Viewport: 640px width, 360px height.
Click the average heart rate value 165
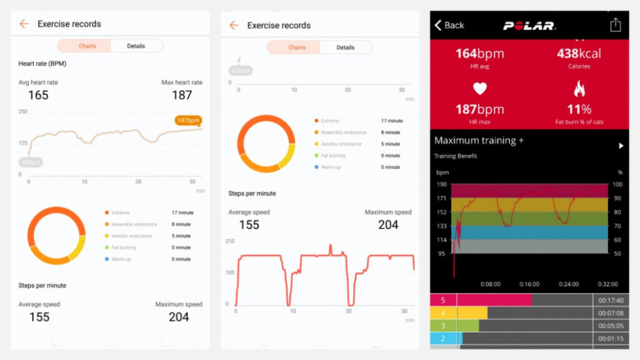[x=38, y=95]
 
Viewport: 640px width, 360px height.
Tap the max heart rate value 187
[x=182, y=95]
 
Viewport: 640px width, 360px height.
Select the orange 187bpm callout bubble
[x=188, y=120]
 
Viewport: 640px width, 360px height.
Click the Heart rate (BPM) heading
[x=42, y=64]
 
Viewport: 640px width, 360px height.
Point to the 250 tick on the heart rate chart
[x=23, y=111]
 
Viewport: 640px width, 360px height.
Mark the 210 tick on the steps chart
[x=229, y=241]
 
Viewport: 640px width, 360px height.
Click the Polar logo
[x=529, y=26]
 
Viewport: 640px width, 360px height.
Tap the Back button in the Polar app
[x=449, y=25]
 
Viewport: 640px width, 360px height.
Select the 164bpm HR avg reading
[x=479, y=54]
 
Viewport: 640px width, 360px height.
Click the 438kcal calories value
[x=579, y=54]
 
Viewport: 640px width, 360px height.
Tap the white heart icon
[x=479, y=89]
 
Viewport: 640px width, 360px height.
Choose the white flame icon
[x=579, y=89]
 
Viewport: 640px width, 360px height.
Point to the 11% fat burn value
[x=579, y=109]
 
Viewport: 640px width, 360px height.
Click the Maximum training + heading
[x=479, y=141]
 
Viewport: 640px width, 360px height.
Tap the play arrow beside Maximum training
[x=621, y=146]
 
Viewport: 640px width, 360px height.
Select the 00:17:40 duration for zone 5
[x=610, y=300]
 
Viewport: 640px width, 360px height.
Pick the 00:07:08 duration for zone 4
[x=610, y=313]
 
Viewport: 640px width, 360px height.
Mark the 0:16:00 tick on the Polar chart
[x=530, y=284]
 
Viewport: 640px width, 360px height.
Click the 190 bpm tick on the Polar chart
[x=442, y=184]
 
